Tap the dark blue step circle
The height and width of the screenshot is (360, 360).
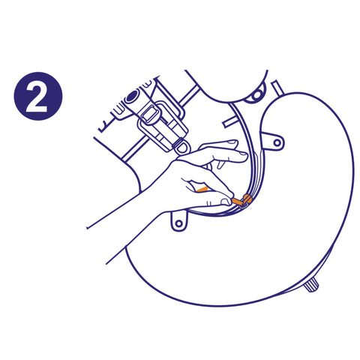point(38,96)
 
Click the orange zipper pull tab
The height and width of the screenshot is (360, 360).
point(236,201)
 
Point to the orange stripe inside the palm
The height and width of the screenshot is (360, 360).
point(202,189)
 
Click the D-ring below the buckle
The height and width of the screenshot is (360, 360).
point(183,147)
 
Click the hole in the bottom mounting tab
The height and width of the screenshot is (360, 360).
point(179,223)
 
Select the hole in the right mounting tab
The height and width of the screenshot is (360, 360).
point(277,142)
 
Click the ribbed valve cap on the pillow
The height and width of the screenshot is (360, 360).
point(311,286)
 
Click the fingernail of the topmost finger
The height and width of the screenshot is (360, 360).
point(232,142)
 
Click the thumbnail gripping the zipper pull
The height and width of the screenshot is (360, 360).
point(226,202)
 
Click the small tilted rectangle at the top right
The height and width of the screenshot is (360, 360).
point(277,88)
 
